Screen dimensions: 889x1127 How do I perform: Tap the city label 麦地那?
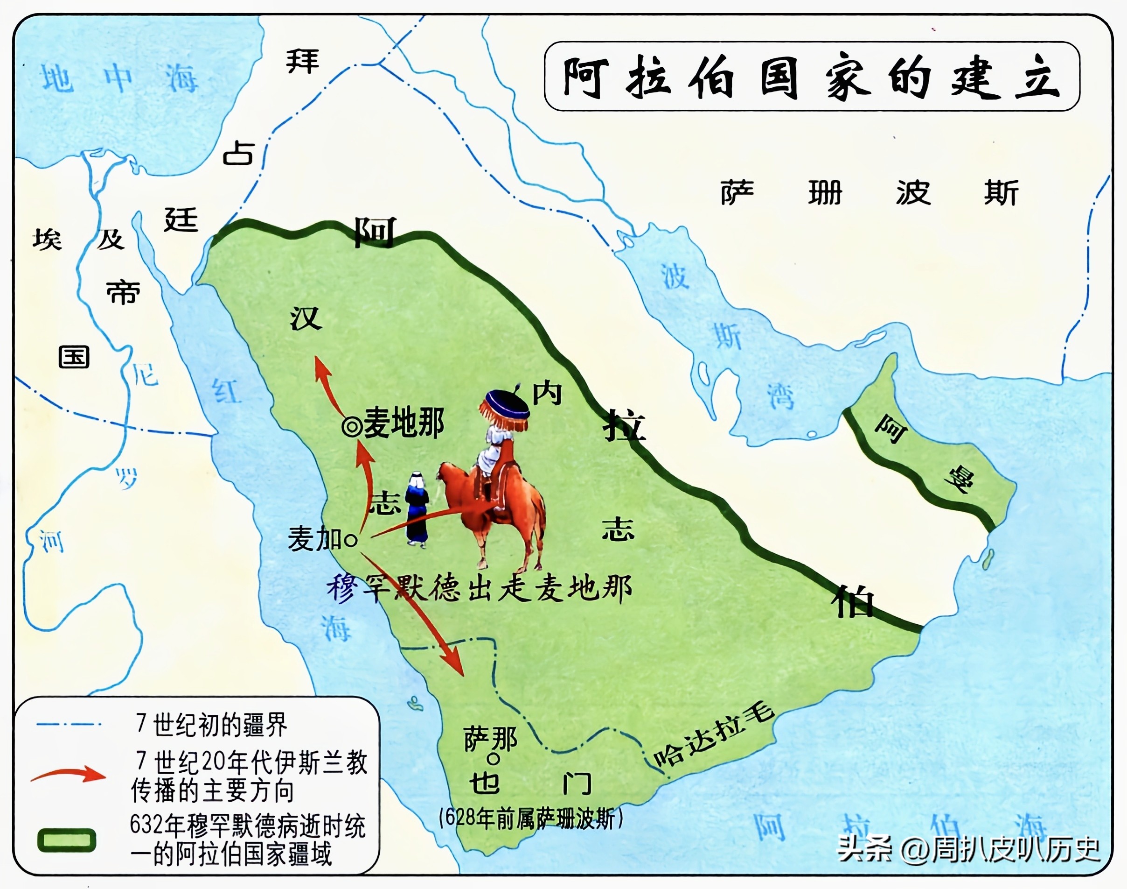tap(403, 422)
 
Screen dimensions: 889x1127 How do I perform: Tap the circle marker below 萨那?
tap(492, 759)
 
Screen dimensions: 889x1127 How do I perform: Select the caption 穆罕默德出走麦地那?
tap(479, 589)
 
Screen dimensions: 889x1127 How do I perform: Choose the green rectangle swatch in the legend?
tap(67, 840)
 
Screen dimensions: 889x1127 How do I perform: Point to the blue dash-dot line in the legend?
tap(68, 724)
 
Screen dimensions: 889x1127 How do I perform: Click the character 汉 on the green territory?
tap(306, 318)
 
